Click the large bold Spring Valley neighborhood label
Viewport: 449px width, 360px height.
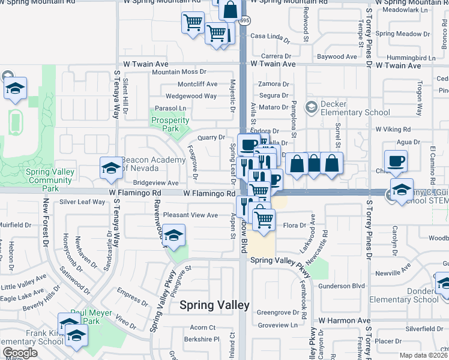214,305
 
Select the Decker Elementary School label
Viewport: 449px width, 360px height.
347,108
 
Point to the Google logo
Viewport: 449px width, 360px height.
20,353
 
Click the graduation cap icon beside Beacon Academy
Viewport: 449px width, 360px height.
110,170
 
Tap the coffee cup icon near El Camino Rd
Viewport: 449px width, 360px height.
395,161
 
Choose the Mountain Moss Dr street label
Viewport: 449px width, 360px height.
179,73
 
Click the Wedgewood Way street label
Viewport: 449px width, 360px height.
191,96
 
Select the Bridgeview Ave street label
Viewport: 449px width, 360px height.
155,183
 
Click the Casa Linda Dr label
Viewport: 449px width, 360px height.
270,36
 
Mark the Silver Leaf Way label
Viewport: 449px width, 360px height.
82,202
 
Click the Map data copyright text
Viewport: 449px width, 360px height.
424,355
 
